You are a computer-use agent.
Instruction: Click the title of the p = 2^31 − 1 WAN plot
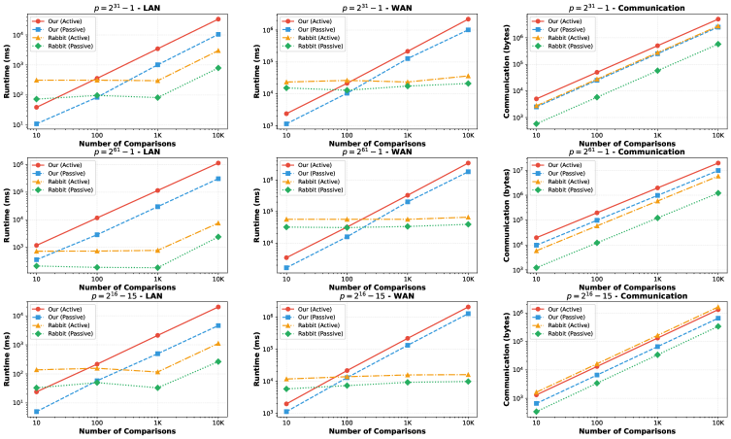(377, 7)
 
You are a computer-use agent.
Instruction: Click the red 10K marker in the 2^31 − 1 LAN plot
(218, 19)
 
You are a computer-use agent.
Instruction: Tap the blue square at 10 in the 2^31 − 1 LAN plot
(36, 123)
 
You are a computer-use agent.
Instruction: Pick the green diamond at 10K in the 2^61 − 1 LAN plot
(218, 236)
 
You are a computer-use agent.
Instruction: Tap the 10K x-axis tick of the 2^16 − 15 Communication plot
(718, 424)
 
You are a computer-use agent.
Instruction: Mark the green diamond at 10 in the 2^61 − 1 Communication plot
(536, 268)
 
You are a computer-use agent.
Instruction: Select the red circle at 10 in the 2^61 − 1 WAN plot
(285, 257)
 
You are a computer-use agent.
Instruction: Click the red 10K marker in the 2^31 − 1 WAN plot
(468, 19)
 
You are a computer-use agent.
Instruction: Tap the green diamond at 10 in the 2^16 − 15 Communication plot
(536, 412)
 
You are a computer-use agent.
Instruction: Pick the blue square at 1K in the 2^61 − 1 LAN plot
(157, 206)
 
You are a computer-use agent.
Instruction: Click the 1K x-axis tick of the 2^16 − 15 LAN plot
(157, 424)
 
